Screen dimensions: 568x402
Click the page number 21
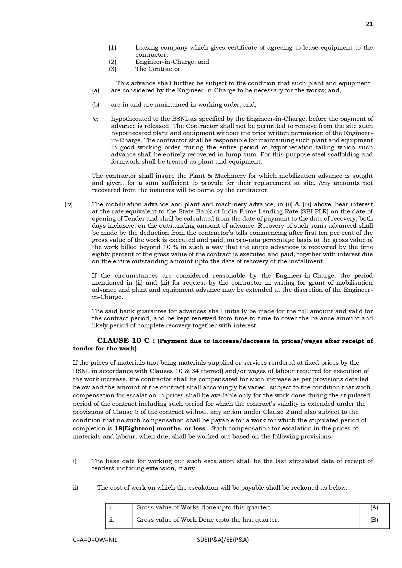point(369,24)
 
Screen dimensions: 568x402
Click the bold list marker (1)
point(112,48)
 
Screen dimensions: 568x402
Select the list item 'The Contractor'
point(157,69)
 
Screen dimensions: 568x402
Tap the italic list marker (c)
point(95,119)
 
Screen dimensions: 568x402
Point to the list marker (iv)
point(68,204)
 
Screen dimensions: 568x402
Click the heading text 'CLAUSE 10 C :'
point(126,341)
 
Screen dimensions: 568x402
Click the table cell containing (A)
point(374,507)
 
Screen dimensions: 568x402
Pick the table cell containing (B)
point(374,520)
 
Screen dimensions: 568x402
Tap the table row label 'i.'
point(111,507)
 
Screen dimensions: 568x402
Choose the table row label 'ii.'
point(112,520)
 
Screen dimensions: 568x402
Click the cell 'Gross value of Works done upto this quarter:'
point(203,507)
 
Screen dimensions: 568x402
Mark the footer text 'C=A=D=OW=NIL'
point(95,540)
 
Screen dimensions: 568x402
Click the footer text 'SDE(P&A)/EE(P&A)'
point(223,540)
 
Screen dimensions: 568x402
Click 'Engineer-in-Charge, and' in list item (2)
point(172,62)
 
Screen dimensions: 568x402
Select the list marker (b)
point(95,105)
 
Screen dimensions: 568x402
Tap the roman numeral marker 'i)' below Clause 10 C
point(75,461)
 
